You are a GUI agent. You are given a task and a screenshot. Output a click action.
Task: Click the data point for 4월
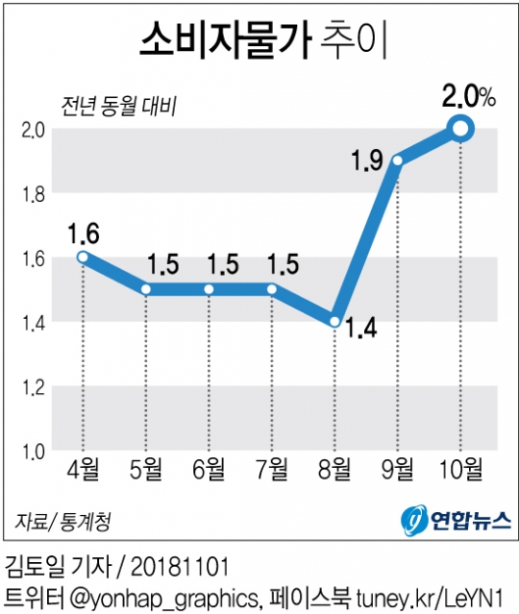click(83, 257)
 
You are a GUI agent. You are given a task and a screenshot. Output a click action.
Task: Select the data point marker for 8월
click(334, 322)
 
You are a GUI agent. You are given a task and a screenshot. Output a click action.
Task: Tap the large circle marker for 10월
click(460, 128)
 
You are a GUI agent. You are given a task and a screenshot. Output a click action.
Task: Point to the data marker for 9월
click(397, 160)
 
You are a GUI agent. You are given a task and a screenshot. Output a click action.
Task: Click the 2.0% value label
click(468, 96)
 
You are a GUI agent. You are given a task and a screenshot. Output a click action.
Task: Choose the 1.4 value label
click(361, 335)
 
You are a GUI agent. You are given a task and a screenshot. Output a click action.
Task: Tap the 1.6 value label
click(84, 233)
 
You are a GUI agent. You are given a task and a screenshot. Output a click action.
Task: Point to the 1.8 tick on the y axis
click(36, 193)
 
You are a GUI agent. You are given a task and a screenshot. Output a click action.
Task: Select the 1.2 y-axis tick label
click(36, 387)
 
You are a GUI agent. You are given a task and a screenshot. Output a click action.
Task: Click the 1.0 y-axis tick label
click(36, 452)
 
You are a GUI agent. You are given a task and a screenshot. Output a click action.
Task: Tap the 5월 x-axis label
click(145, 471)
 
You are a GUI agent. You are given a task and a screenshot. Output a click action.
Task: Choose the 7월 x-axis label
click(271, 471)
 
